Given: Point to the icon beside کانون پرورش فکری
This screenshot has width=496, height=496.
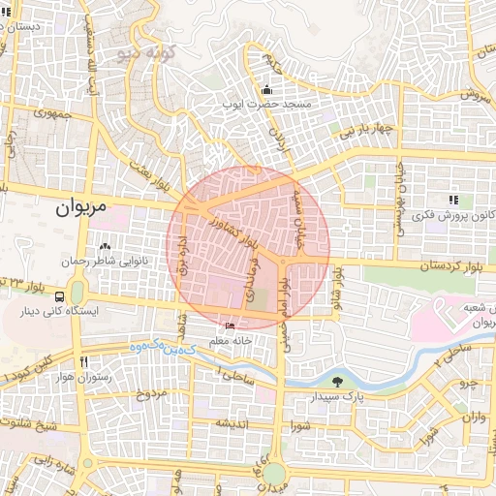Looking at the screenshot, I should pyautogui.click(x=452, y=200).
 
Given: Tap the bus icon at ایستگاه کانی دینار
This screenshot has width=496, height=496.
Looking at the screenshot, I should pyautogui.click(x=61, y=296).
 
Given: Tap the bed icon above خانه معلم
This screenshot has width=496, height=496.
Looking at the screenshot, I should pyautogui.click(x=230, y=325).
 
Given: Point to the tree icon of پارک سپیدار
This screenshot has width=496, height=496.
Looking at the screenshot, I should pyautogui.click(x=336, y=381).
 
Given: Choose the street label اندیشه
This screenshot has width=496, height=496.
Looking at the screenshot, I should pyautogui.click(x=235, y=422).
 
